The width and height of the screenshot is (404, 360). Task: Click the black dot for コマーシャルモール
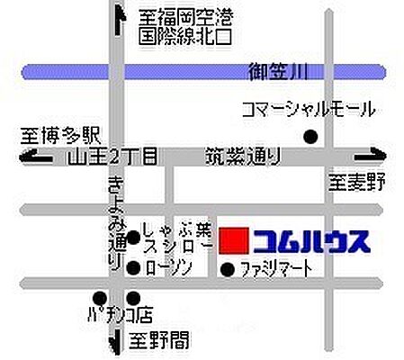click(x=310, y=138)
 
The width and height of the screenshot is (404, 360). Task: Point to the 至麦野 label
click(x=355, y=184)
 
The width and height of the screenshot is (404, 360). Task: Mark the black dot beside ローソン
click(x=133, y=267)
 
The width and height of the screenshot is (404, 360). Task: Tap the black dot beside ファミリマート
click(x=227, y=268)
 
